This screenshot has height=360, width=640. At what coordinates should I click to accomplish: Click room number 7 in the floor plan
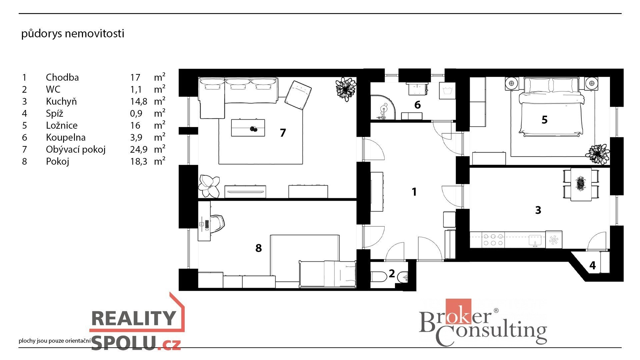coord(283,133)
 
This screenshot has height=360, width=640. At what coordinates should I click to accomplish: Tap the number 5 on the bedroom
coord(544,120)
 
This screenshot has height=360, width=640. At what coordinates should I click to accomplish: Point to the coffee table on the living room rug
coord(248,128)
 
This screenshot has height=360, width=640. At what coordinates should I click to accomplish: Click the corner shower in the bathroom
coord(383,107)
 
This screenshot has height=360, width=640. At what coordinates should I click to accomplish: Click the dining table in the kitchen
coord(581,184)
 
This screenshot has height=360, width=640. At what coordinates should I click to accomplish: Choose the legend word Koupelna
coord(66,137)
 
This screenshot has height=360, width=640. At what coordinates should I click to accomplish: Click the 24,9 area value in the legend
coord(139,150)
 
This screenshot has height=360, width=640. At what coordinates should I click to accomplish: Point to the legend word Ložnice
coord(62,125)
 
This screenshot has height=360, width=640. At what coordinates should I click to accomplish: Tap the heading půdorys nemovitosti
coord(73,34)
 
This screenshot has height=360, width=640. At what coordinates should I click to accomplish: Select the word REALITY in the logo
coord(133,318)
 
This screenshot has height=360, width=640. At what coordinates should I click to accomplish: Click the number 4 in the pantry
coord(592,265)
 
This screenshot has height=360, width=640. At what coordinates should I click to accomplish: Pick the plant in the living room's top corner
coord(346,89)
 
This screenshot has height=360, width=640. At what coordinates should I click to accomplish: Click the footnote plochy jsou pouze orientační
coord(55,341)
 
